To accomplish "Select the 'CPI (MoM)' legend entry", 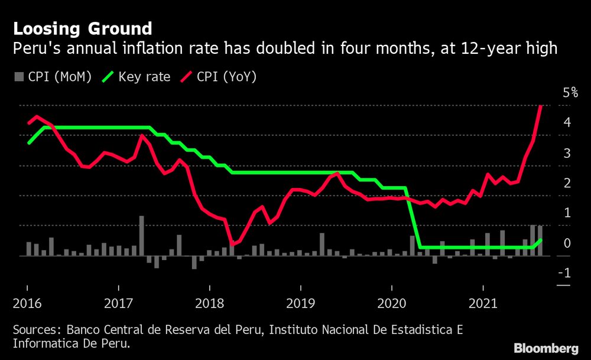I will tap(53, 76).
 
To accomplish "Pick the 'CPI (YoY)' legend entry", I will tap(218, 76).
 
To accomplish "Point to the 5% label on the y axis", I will tap(570, 93).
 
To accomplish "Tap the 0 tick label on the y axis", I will tap(567, 243).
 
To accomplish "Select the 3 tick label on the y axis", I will tap(567, 153).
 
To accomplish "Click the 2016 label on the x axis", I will tap(28, 304).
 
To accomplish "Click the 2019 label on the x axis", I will tap(301, 304).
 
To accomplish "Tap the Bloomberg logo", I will tap(546, 348).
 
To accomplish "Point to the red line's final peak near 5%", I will tap(541, 106).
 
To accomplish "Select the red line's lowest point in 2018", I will tap(232, 244).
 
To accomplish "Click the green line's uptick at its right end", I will tap(540, 241).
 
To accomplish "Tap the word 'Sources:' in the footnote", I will tap(37, 329).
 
